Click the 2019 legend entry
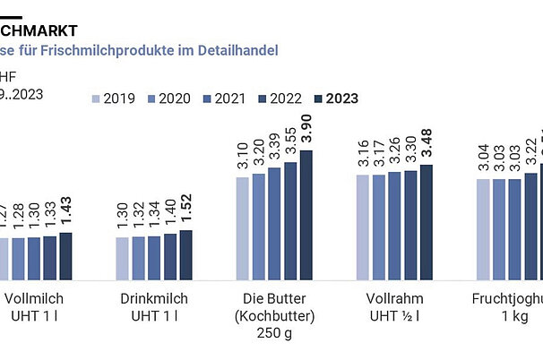(x=119, y=99)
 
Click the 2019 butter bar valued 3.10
(x=243, y=227)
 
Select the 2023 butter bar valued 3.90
(x=307, y=214)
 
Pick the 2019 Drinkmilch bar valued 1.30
(x=122, y=257)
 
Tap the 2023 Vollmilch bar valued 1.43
(x=65, y=255)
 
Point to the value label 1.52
(x=185, y=212)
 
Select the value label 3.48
(x=427, y=146)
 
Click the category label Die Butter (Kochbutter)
(x=275, y=315)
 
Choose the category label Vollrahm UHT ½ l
(x=394, y=306)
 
